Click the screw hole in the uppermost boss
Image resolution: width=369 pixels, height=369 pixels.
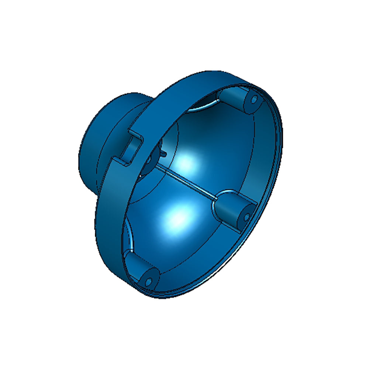tap(254, 99)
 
